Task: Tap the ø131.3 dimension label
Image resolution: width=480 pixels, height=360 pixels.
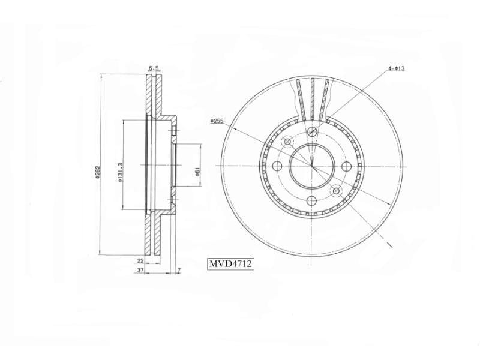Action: [121, 172]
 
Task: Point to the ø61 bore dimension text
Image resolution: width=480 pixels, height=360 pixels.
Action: [197, 172]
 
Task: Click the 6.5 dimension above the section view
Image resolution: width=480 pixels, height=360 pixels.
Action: [154, 69]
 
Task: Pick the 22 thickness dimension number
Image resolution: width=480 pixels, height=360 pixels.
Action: [140, 261]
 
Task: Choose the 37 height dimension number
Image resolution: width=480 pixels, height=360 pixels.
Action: [140, 271]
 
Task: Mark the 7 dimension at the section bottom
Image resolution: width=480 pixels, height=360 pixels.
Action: [178, 271]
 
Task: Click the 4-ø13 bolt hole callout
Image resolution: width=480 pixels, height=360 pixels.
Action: [396, 69]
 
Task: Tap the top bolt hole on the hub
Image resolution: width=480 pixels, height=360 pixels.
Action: [312, 132]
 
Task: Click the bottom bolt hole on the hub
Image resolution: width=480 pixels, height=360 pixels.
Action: [312, 201]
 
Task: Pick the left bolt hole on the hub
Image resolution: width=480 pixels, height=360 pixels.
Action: [277, 166]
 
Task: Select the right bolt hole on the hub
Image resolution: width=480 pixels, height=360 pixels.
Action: [347, 166]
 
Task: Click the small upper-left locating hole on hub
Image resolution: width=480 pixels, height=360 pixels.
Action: [287, 142]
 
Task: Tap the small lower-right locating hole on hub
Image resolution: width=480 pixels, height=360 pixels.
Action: [337, 191]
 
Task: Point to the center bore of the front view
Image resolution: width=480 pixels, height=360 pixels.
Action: [312, 166]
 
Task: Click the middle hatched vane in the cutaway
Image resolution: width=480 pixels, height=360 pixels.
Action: [312, 99]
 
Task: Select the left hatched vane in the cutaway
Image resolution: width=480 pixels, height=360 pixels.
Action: [301, 99]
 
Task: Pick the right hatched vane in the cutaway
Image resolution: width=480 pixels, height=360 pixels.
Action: [325, 99]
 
